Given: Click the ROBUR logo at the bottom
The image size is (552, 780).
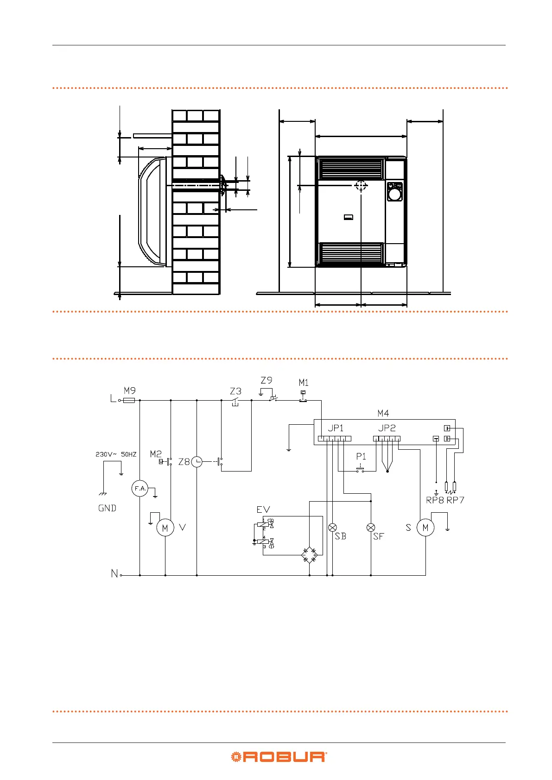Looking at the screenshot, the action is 279,757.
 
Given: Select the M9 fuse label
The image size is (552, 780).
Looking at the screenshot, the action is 130,391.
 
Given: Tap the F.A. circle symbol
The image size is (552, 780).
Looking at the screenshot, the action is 140,489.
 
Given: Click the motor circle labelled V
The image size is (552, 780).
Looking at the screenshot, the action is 165,528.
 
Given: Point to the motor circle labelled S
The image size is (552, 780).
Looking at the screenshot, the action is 425,528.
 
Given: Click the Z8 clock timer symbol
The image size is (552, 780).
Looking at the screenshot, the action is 197,462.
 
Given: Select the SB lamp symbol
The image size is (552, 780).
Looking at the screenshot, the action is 332,528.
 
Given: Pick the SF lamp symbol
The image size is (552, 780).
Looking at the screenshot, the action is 371,528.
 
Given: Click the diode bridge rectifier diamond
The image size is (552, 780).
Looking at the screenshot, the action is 310,554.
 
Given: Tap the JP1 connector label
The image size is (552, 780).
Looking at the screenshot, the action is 336,428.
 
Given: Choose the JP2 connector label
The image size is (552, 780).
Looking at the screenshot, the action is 387,428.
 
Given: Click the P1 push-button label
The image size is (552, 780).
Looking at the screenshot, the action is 361,456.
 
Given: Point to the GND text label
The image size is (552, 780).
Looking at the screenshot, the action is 107,508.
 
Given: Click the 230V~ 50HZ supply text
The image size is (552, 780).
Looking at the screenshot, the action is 116,454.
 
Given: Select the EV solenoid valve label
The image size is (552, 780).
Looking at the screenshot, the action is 263,510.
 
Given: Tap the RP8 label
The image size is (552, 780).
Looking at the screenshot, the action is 435,500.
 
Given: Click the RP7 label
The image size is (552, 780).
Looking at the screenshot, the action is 455,500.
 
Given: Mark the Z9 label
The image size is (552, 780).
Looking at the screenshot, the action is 266,380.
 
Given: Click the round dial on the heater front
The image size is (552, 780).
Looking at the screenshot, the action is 394,195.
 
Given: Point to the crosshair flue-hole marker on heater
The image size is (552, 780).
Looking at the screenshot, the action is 361,186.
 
